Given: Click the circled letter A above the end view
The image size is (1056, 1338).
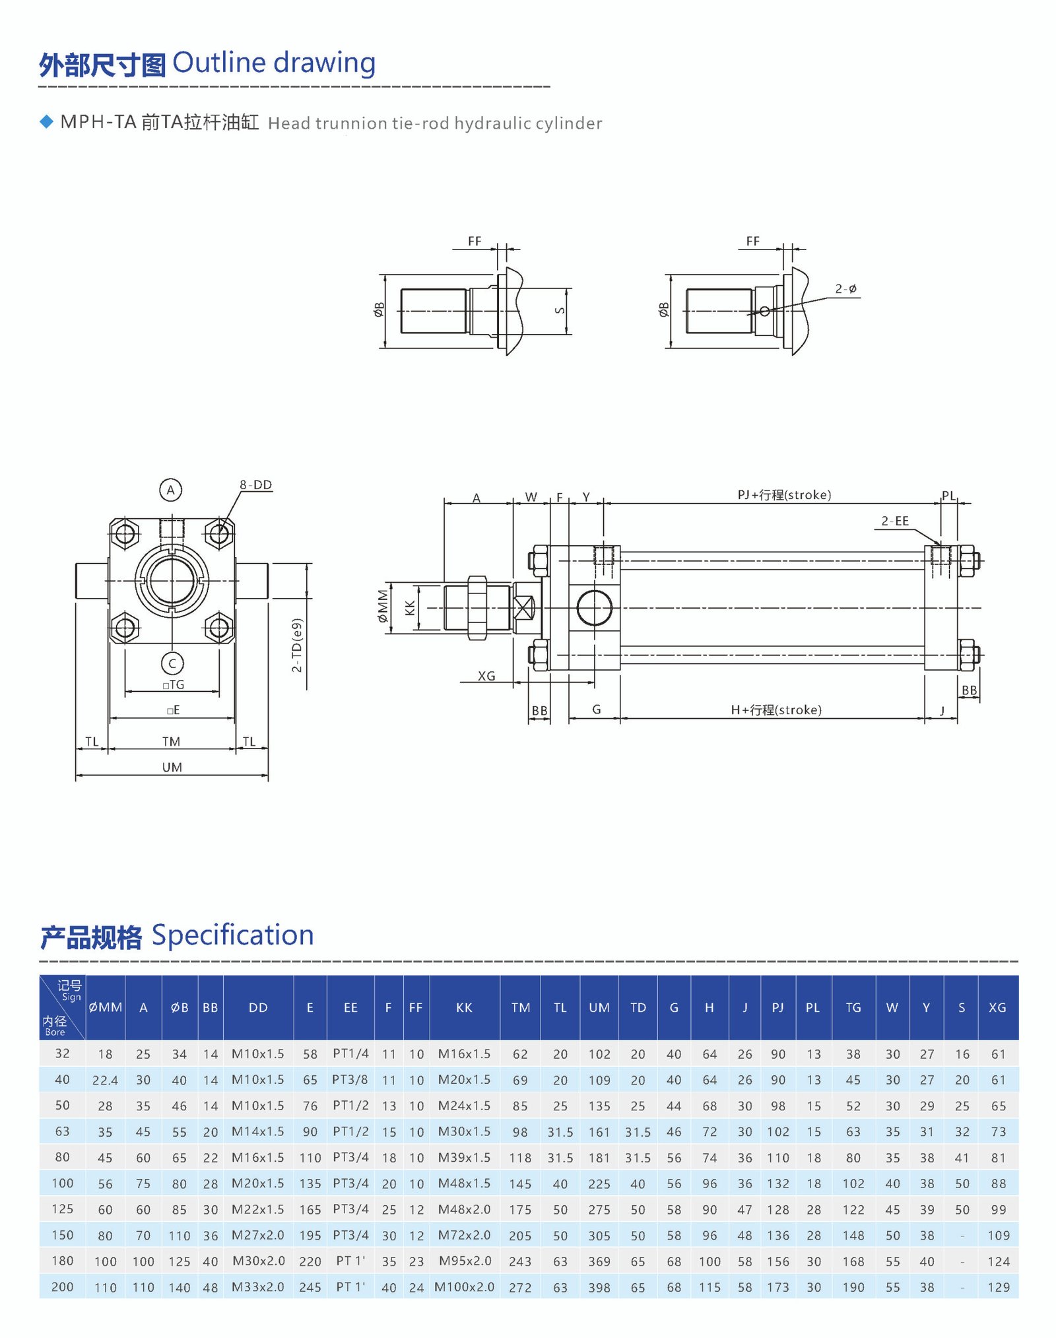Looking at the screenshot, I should (170, 490).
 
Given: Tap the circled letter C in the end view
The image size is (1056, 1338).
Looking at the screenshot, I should (172, 663).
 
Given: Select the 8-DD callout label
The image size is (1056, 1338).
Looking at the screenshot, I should (255, 485).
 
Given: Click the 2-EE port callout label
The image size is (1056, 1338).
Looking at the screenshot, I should (895, 521).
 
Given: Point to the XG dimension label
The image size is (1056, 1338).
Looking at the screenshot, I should (486, 677).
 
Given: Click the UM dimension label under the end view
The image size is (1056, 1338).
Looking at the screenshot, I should (172, 768).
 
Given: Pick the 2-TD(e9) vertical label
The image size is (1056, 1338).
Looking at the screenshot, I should (297, 646).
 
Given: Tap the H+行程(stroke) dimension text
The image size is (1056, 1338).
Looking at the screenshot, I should (776, 710).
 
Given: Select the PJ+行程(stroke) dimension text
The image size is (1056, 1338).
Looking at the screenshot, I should (784, 495).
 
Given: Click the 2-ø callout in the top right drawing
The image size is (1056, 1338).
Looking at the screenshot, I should (845, 289).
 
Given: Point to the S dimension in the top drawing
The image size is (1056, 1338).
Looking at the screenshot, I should (560, 311).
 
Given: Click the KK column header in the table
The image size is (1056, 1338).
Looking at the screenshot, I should (464, 1008).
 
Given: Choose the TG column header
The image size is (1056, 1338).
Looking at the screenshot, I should (853, 1008).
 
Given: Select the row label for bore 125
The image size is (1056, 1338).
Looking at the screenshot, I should (62, 1209).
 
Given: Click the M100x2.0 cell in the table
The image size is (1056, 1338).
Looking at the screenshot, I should (464, 1287).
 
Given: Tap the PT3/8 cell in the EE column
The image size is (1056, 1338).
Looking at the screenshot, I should (350, 1080).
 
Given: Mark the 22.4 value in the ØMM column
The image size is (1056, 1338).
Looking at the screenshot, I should (105, 1081).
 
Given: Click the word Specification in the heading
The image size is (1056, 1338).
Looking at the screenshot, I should (232, 935).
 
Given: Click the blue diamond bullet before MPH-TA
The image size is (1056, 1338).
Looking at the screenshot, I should (46, 122).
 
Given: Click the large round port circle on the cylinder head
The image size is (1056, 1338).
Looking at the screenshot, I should (594, 608).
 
